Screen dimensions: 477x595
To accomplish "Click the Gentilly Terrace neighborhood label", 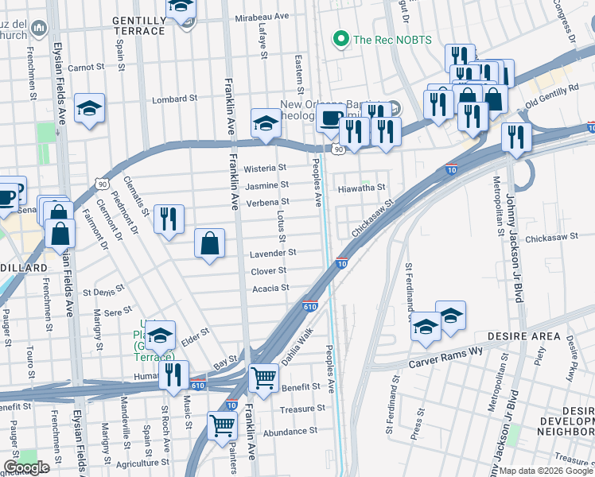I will (139, 24).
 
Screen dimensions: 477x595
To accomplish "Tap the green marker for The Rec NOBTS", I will (341, 38).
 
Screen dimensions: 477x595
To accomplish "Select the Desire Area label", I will (524, 336).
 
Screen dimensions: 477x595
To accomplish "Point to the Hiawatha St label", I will (361, 188).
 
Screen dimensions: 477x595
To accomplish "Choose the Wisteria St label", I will (265, 169).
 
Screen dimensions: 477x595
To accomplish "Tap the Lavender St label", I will (273, 253).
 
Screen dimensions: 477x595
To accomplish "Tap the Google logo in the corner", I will (26, 467).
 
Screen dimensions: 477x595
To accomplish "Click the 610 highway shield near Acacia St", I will (310, 306).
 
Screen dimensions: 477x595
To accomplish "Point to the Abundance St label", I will (290, 431).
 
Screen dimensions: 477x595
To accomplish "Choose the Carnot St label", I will (86, 68).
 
